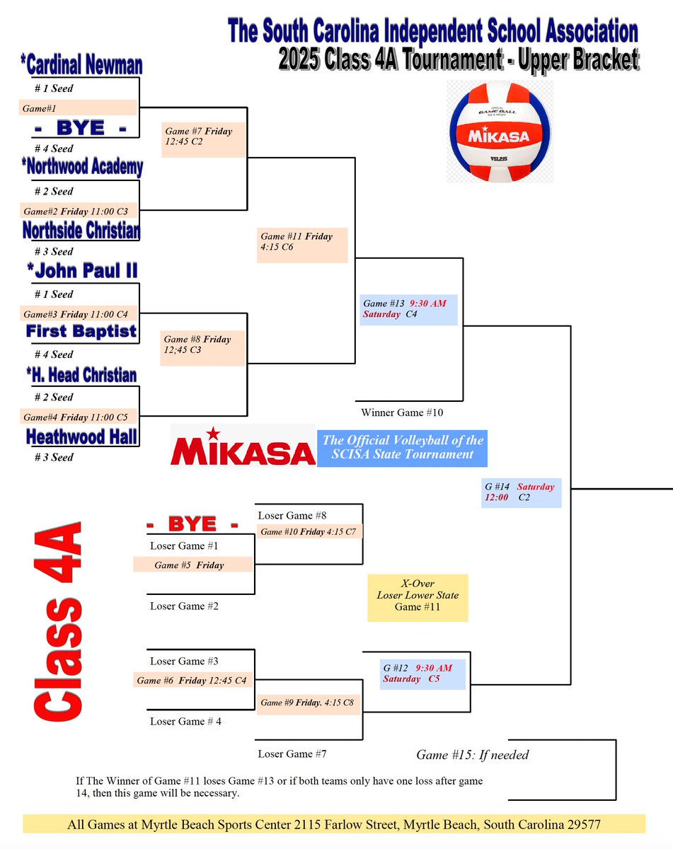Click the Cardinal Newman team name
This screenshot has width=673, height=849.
[x=81, y=66]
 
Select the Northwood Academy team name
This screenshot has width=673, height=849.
[x=81, y=168]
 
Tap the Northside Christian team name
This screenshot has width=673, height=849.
[x=81, y=230]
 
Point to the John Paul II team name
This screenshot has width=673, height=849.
[x=82, y=271]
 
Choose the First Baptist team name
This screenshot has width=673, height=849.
[x=81, y=331]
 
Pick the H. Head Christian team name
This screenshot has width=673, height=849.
[x=81, y=374]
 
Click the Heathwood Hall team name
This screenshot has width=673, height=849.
[x=81, y=436]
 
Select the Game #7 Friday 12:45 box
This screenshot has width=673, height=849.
[x=204, y=137]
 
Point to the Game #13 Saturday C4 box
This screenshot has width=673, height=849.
[x=408, y=309]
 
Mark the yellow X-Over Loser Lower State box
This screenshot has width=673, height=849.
[x=418, y=596]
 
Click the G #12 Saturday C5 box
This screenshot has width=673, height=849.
[x=423, y=674]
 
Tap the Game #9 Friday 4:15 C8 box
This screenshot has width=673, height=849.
[x=309, y=703]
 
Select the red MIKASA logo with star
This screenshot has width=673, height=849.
[x=243, y=445]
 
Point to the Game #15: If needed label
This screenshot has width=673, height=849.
[x=472, y=755]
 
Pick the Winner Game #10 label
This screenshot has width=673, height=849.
[x=402, y=412]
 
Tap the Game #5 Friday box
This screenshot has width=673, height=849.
[x=192, y=565]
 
